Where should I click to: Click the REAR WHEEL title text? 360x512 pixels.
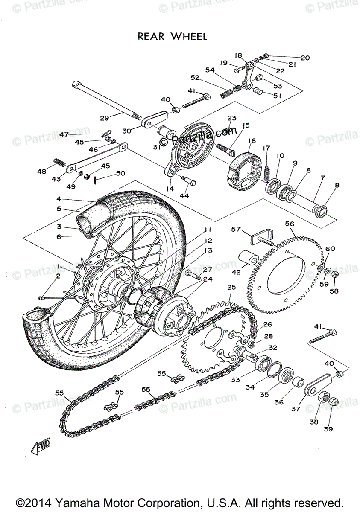(x=172, y=37)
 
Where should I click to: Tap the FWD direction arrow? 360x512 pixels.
(x=41, y=447)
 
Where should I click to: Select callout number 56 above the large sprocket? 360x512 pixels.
(x=290, y=224)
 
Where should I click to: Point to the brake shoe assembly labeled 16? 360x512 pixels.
(x=245, y=166)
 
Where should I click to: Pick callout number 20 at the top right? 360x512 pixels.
(x=305, y=58)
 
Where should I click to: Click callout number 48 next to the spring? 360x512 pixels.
(x=41, y=172)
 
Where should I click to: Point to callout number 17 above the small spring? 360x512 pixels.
(x=266, y=148)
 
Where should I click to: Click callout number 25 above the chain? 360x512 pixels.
(x=231, y=288)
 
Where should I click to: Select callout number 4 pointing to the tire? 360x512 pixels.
(x=59, y=199)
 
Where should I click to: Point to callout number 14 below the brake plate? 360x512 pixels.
(x=170, y=188)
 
